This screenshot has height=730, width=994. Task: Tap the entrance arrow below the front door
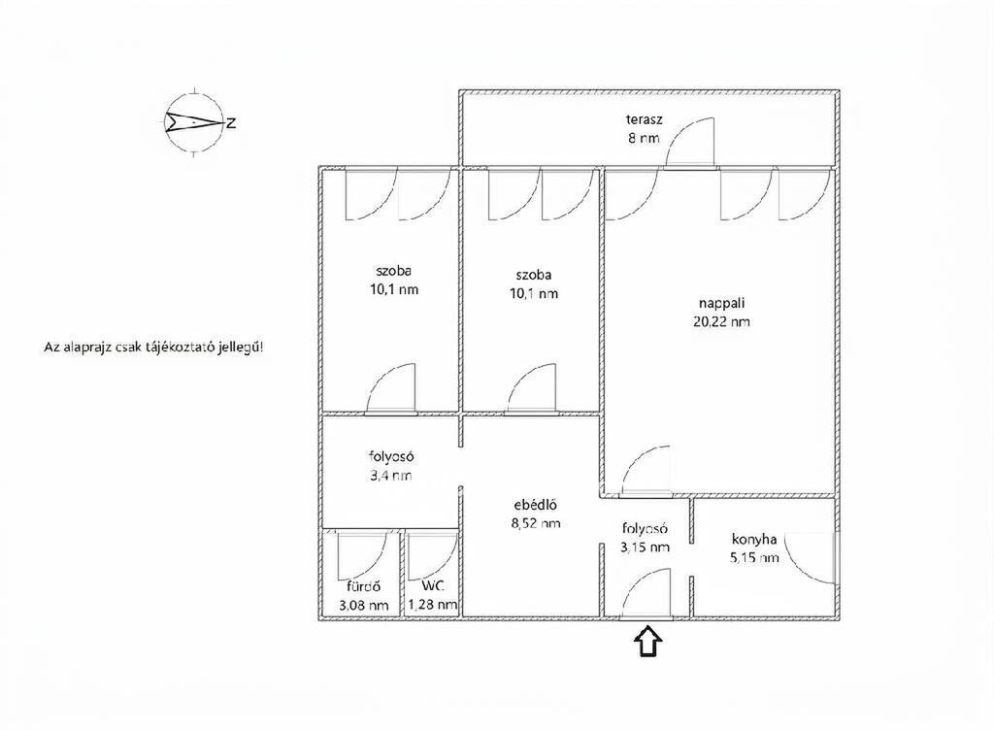(x=647, y=642)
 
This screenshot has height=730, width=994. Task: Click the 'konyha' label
(x=754, y=539)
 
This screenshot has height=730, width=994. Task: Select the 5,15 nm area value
(x=754, y=557)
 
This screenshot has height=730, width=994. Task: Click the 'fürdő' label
(x=363, y=586)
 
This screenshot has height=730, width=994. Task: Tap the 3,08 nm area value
(x=363, y=605)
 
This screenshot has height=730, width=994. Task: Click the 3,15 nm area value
(x=646, y=547)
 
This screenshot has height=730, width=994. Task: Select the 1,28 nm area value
(x=433, y=605)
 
